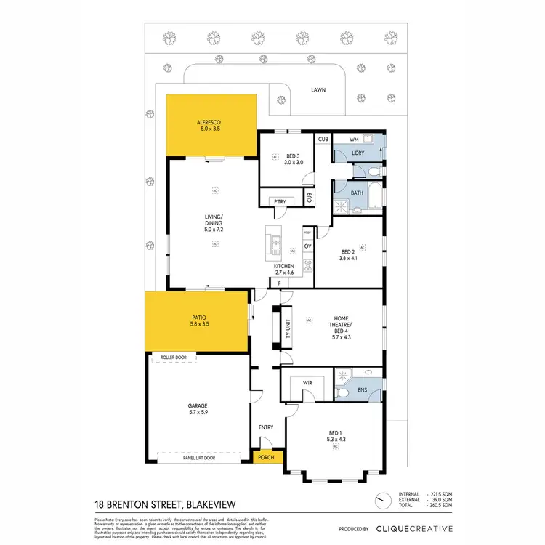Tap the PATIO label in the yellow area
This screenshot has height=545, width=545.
(198, 319)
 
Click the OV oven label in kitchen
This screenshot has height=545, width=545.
(307, 246)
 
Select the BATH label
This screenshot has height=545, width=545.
(356, 193)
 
